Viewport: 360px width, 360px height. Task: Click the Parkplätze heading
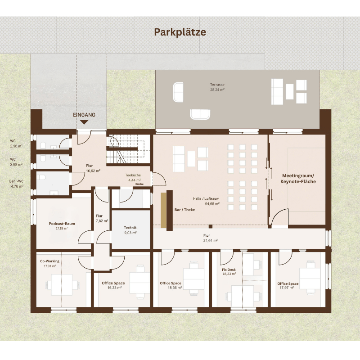point(180,32)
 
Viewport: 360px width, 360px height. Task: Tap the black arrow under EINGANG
point(84,122)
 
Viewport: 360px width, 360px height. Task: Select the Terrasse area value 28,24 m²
point(217,90)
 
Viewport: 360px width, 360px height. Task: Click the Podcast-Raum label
point(62,224)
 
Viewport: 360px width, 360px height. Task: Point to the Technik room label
point(130,228)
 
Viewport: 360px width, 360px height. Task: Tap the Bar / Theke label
point(184,210)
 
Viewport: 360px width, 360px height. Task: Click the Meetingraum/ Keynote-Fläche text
point(298,179)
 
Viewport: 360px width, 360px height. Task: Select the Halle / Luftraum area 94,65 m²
point(212,203)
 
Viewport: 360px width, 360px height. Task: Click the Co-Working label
point(49,261)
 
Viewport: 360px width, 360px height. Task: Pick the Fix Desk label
point(229,270)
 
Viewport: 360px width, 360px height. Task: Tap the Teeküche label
point(133,175)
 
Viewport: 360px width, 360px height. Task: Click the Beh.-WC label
point(16,181)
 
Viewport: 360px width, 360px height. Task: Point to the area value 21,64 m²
point(210,240)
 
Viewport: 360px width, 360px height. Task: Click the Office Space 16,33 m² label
point(113,285)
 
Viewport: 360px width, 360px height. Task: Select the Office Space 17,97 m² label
point(288,286)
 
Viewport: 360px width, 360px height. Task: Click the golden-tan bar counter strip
point(163,210)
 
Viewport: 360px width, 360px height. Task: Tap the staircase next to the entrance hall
point(128,149)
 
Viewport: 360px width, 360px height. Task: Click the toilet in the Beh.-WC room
point(41,177)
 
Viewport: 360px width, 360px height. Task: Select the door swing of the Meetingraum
point(279,217)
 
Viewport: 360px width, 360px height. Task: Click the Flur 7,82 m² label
point(102,218)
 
